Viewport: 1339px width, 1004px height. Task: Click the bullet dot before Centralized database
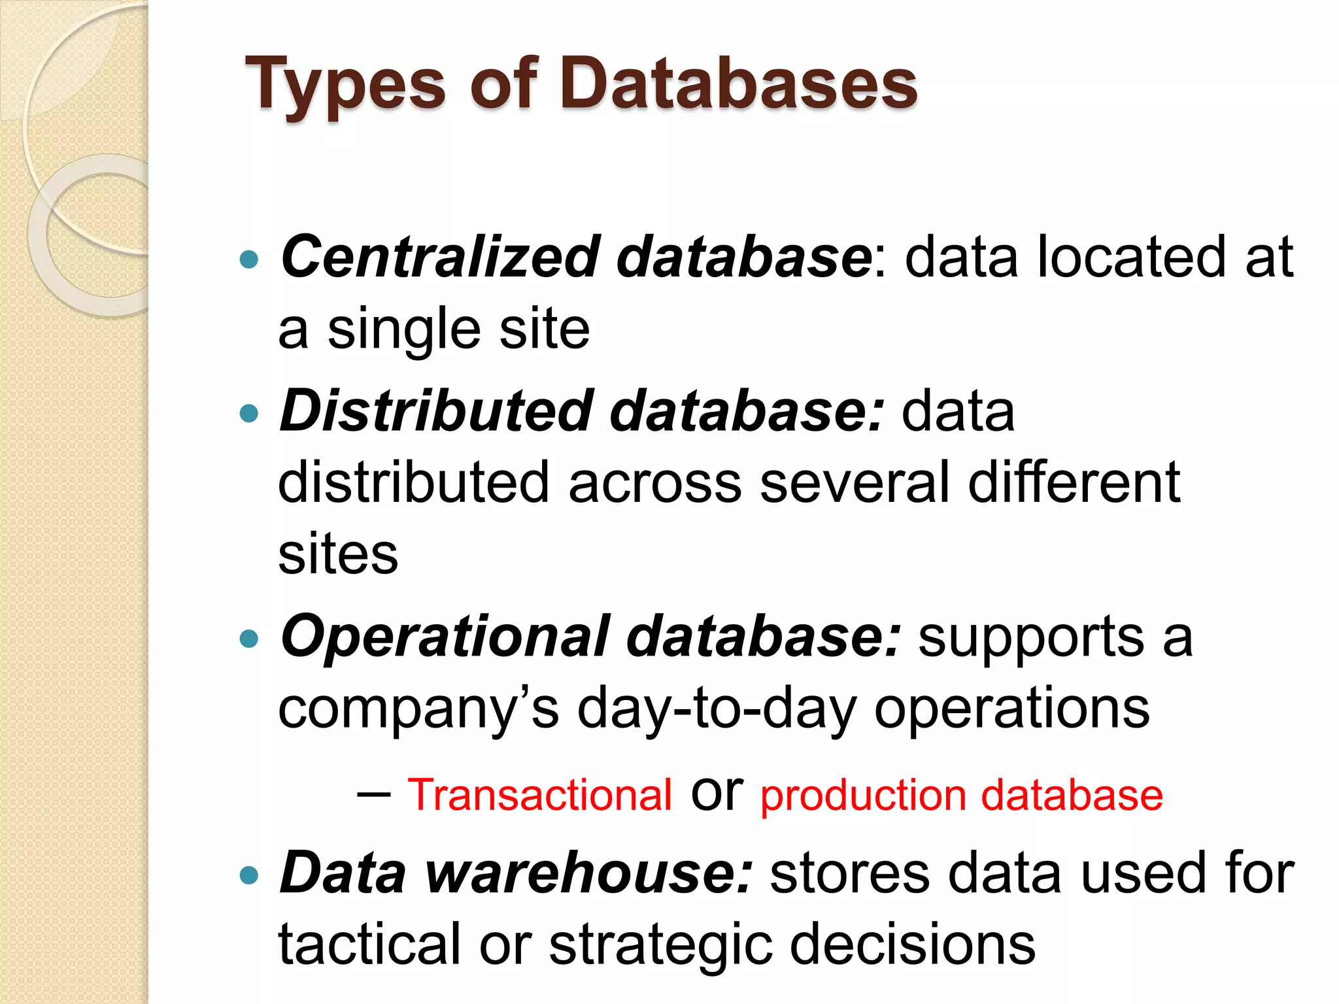[x=249, y=260]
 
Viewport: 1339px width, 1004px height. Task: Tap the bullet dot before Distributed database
[x=249, y=413]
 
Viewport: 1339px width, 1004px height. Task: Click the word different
[x=1074, y=482]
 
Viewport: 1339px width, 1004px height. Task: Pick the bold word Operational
[x=445, y=637]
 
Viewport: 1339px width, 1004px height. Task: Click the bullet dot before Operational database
[x=249, y=639]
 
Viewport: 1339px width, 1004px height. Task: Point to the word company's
[x=418, y=710]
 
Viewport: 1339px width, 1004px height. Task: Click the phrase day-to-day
[x=717, y=710]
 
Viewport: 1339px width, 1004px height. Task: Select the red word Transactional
[x=539, y=795]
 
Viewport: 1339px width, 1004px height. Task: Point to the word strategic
[x=660, y=945]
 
